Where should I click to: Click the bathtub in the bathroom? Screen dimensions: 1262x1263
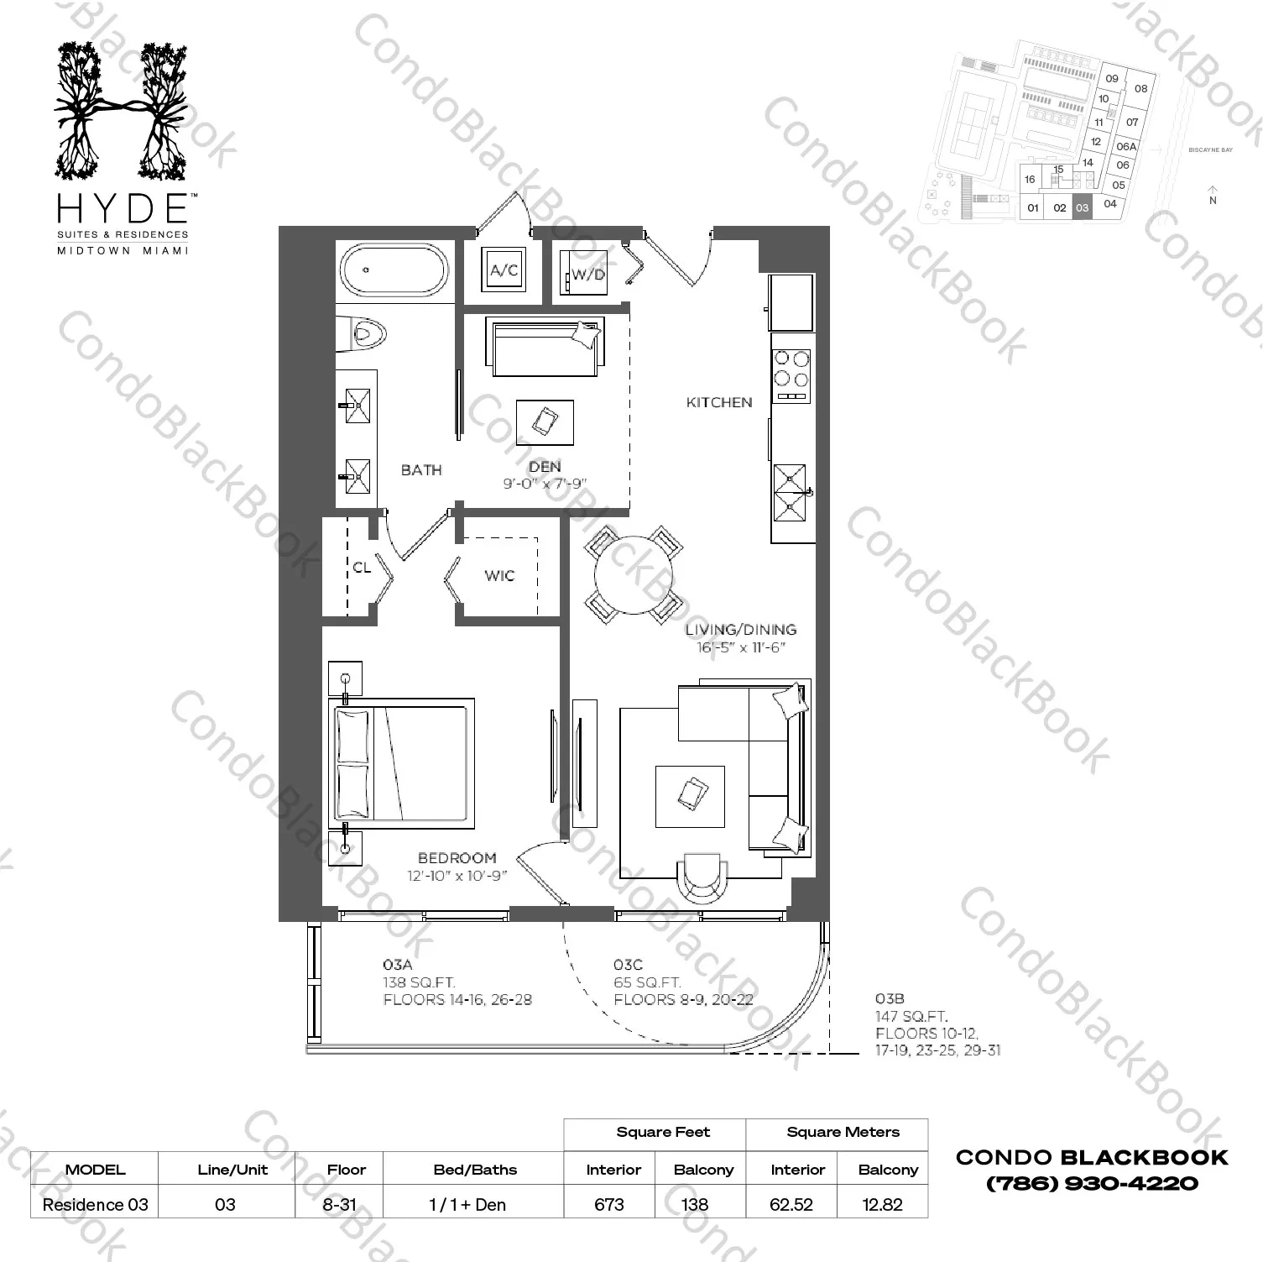394,269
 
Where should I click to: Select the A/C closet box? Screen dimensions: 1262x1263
504,270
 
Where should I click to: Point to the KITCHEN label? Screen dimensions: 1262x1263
719,402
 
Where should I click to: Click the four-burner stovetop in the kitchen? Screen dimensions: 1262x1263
791,375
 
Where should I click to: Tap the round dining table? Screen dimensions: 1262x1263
634,573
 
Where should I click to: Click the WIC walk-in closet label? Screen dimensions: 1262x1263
499,576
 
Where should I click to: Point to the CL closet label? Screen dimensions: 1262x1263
362,568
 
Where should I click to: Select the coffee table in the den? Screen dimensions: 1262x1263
545,422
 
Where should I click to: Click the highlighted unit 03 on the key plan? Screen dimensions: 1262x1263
1082,207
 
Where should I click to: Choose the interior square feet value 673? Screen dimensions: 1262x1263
609,1204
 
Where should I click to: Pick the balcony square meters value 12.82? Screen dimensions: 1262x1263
882,1204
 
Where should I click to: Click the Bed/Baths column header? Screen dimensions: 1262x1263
475,1170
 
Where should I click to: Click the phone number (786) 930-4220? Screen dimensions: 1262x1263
1092,1183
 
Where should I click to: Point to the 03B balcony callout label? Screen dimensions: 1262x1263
890,998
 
